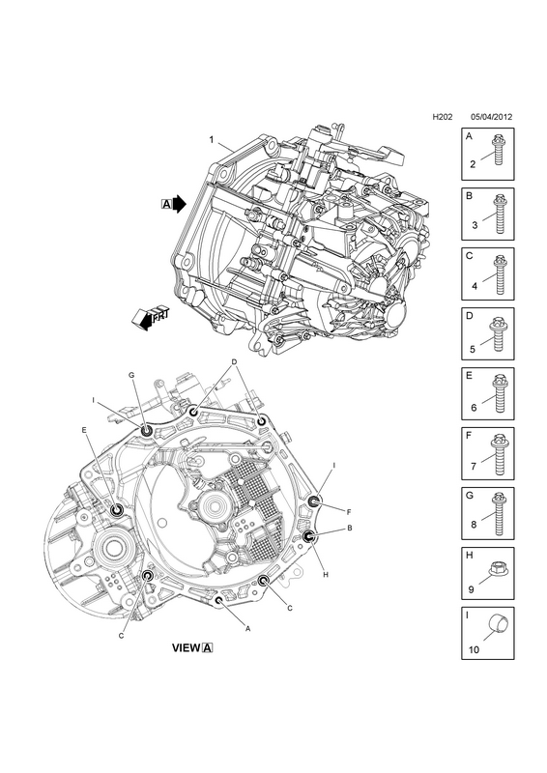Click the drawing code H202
(x=443, y=117)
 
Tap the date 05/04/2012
(x=491, y=117)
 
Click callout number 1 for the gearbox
(x=212, y=140)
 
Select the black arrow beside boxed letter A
(x=180, y=203)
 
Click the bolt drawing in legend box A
(x=497, y=152)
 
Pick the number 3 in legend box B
(x=475, y=225)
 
